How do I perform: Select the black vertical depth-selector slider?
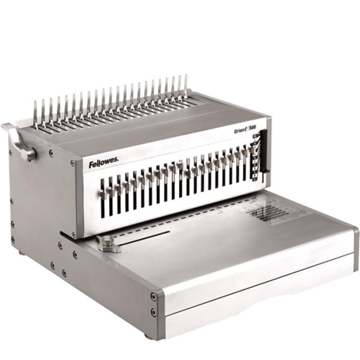pos(263,150)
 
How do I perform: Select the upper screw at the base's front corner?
pos(153,297)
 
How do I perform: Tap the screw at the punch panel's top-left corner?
pos(72,163)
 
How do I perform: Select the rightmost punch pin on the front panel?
pos(250,152)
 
